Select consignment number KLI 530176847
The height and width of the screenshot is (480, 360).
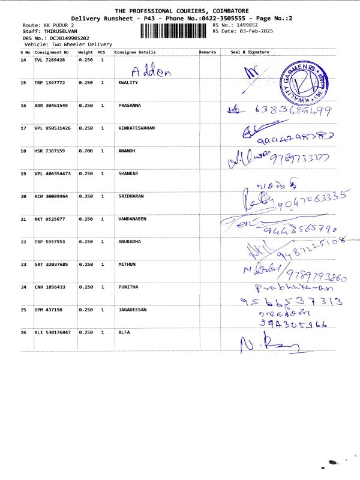tap(53, 332)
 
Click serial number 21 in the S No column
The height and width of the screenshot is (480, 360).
tap(23, 219)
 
